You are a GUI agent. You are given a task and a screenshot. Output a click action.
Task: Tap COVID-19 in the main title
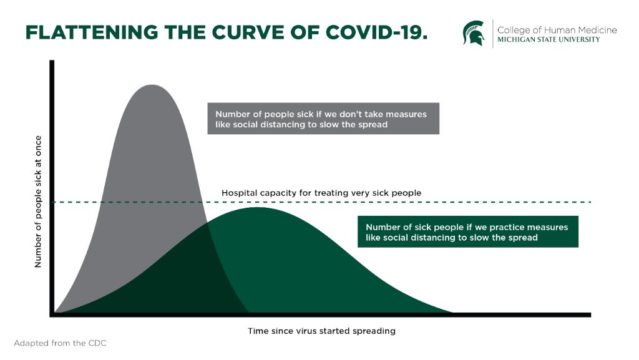point(375,32)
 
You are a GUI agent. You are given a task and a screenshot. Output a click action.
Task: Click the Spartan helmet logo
point(473,32)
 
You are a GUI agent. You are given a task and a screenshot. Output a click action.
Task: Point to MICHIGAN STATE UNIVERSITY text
point(548,40)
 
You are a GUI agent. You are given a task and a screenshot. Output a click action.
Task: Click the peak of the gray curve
point(150,85)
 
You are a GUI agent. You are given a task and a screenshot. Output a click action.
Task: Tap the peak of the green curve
point(256,208)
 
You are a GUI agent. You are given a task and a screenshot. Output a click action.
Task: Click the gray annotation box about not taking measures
point(323,119)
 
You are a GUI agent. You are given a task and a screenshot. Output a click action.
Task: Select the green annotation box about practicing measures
point(467,231)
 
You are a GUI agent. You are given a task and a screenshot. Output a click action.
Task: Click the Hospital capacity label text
point(321,193)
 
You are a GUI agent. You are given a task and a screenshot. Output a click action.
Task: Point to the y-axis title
point(38,202)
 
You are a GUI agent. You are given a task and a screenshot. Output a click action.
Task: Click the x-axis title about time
point(321,331)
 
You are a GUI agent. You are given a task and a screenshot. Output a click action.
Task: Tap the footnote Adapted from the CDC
point(56,343)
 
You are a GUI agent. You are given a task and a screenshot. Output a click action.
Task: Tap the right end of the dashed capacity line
point(589,202)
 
